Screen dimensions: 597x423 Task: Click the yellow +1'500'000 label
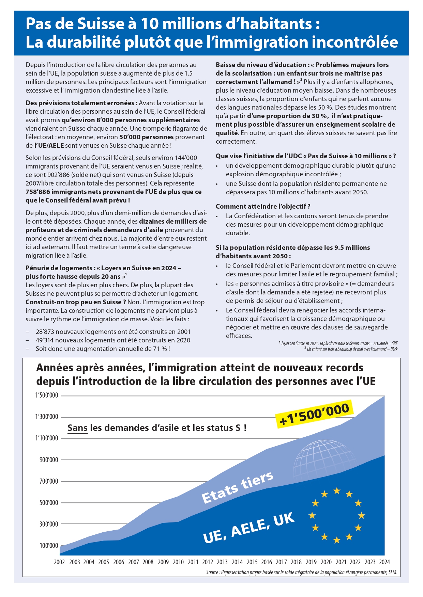pos(314,414)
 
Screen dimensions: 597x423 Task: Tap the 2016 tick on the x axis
pos(267,562)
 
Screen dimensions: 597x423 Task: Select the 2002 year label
pos(59,562)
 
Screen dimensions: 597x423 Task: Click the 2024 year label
pos(384,562)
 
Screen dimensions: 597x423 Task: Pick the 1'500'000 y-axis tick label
pos(47,396)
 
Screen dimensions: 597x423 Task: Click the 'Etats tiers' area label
pos(237,487)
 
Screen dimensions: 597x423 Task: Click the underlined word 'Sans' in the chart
pos(77,428)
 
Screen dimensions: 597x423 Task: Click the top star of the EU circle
pos(337,490)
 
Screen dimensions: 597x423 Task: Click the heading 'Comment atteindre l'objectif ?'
pos(263,207)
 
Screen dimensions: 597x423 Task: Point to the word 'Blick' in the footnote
pos(394,349)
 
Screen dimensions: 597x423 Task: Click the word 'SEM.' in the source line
pos(393,572)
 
